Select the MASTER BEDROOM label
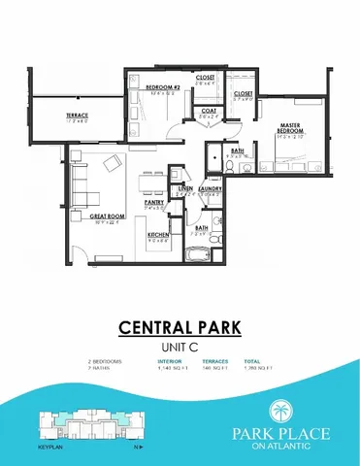(290, 127)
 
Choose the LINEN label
(185, 188)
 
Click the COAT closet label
(209, 111)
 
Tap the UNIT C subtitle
(180, 345)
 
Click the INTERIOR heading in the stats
(170, 360)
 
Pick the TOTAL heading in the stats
(251, 360)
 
